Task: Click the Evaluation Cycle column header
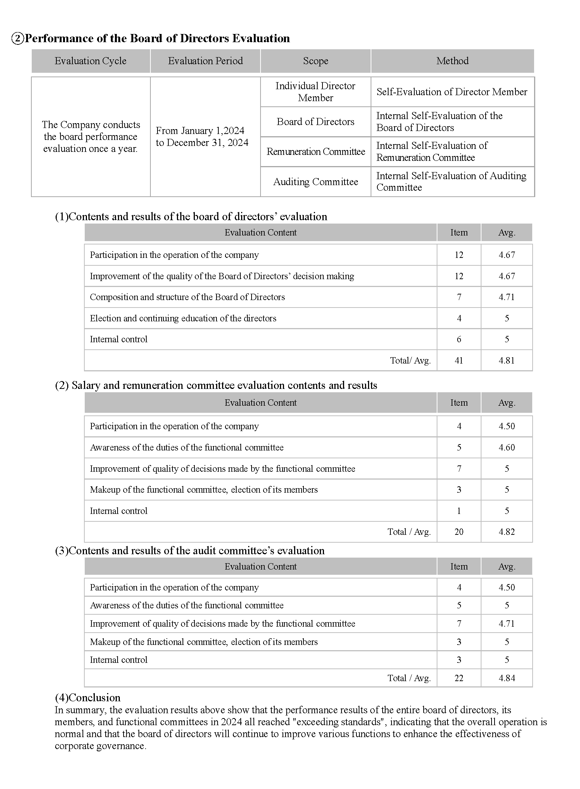coord(90,61)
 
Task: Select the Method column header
coord(452,61)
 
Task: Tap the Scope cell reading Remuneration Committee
coord(316,152)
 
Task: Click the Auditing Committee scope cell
coord(316,182)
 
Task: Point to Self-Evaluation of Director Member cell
coord(452,92)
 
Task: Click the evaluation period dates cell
coord(202,137)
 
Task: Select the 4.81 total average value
coord(506,361)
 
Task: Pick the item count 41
coord(459,361)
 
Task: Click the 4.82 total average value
coord(506,532)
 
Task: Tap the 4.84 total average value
coord(506,678)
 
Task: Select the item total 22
coord(459,678)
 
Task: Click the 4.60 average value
coord(506,447)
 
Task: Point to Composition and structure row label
coord(187,297)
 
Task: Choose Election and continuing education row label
coord(183,318)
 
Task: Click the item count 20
coord(459,532)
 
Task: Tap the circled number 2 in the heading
coord(18,38)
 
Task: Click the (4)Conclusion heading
coord(88,698)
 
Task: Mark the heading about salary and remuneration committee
coord(216,385)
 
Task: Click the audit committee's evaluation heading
coord(190,551)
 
